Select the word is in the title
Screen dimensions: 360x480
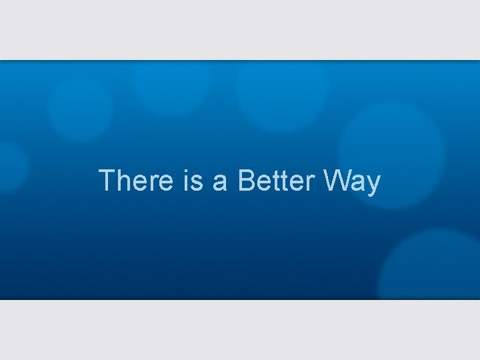point(192,181)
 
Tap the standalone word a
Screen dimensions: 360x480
point(220,182)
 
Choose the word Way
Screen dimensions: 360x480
point(352,181)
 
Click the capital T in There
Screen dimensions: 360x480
point(106,181)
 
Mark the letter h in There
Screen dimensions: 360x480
point(123,181)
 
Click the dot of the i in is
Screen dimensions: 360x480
point(184,171)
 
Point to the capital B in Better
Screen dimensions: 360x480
point(245,181)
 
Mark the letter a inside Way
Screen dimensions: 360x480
point(358,182)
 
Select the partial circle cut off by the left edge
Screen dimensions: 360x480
point(11,167)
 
